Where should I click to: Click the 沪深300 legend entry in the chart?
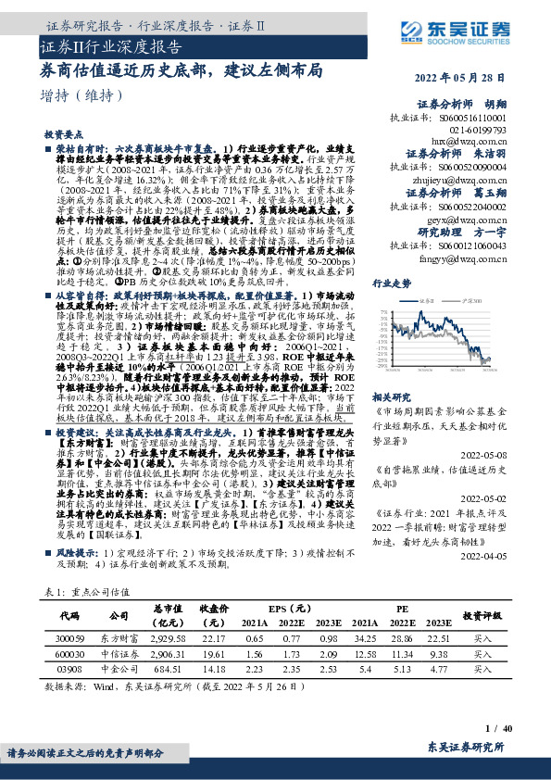[x=476, y=302]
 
